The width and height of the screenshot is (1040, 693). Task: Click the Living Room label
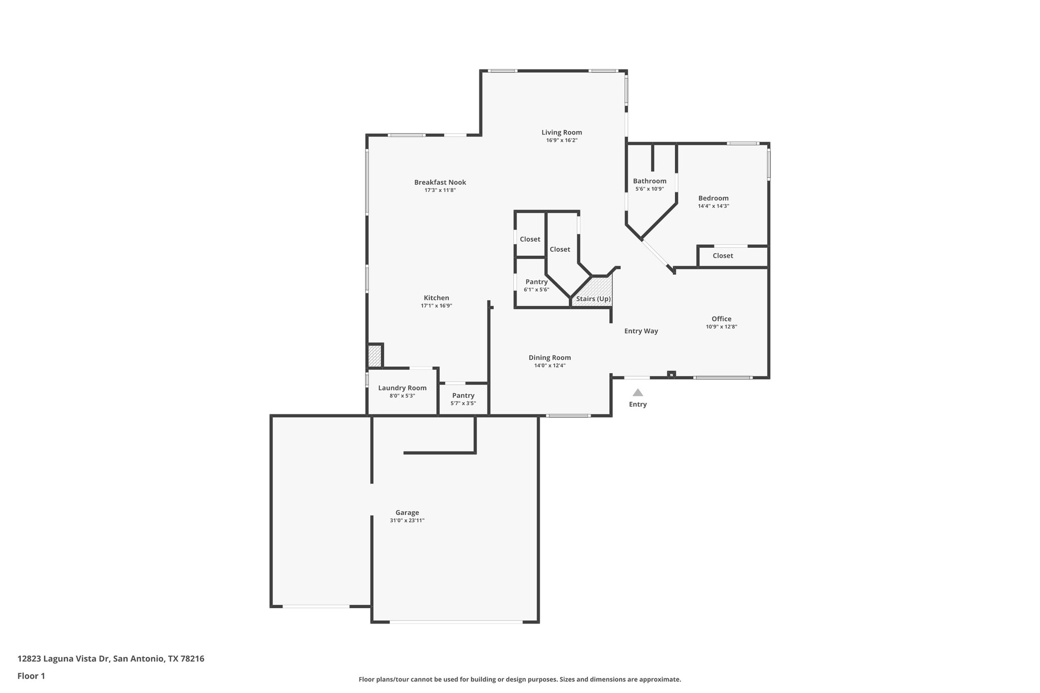pyautogui.click(x=562, y=133)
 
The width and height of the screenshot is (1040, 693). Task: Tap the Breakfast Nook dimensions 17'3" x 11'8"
pyautogui.click(x=440, y=190)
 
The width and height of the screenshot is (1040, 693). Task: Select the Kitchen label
pyautogui.click(x=436, y=298)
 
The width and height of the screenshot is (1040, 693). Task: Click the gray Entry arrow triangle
pyautogui.click(x=638, y=392)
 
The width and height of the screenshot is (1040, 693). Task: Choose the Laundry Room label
pyautogui.click(x=402, y=388)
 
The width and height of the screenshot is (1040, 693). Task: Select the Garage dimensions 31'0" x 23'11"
pyautogui.click(x=407, y=520)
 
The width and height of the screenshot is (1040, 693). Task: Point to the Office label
pyautogui.click(x=721, y=319)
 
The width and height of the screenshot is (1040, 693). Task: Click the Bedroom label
pyautogui.click(x=713, y=199)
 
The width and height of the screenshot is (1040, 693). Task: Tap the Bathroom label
pyautogui.click(x=649, y=181)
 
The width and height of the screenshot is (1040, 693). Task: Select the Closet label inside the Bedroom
pyautogui.click(x=723, y=256)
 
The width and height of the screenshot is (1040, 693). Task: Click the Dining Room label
pyautogui.click(x=549, y=357)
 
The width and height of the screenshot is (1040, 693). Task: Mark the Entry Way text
pyautogui.click(x=641, y=331)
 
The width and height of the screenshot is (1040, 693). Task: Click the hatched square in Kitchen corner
pyautogui.click(x=374, y=356)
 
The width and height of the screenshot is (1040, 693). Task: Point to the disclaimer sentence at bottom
pyautogui.click(x=519, y=679)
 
